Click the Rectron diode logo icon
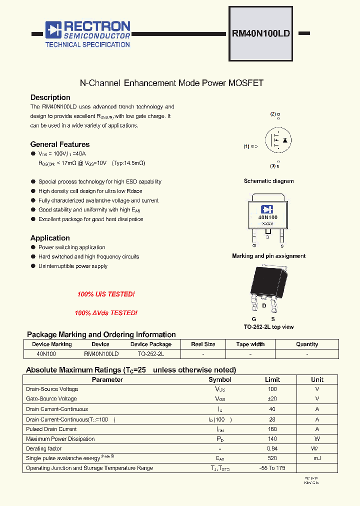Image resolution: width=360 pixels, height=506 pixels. coord(53,30)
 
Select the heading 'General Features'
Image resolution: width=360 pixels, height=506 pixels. coord(60,144)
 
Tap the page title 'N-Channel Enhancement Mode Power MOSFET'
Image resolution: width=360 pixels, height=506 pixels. coord(172,83)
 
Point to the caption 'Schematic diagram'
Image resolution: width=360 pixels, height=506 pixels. coord(268,181)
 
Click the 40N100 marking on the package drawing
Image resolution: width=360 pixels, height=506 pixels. coord(267,217)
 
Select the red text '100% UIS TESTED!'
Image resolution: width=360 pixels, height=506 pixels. coord(106,294)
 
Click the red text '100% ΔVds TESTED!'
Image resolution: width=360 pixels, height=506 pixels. coord(106,313)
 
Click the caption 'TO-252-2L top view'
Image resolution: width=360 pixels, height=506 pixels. coord(268,327)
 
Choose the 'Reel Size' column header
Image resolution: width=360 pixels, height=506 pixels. coord(203,344)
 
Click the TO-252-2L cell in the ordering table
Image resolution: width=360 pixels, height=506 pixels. coord(150,353)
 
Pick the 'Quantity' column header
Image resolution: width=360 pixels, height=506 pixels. coord(306,344)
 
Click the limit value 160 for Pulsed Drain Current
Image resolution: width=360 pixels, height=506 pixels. coord(272,429)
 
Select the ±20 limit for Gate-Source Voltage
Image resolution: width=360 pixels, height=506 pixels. coord(272,399)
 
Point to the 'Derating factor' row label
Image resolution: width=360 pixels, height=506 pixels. coord(43,448)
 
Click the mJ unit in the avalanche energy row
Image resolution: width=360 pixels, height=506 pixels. coord(317,458)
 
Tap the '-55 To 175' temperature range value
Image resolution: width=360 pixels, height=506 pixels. coord(272,468)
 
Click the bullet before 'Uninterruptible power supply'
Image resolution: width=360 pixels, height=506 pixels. coord(33,266)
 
